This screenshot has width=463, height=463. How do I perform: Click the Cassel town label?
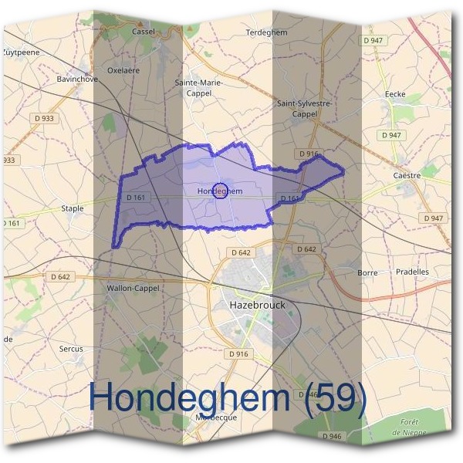pyautogui.click(x=144, y=32)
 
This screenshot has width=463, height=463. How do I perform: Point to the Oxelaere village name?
pyautogui.click(x=123, y=69)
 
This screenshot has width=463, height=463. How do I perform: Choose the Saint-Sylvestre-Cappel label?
pyautogui.click(x=304, y=108)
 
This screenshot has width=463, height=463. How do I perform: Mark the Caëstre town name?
pyautogui.click(x=407, y=175)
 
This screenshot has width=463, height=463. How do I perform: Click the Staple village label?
pyautogui.click(x=72, y=208)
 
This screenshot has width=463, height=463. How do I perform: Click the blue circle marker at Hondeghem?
pyautogui.click(x=219, y=191)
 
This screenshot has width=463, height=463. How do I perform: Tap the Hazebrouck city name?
pyautogui.click(x=258, y=305)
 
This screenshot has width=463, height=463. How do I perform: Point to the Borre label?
pyautogui.click(x=367, y=272)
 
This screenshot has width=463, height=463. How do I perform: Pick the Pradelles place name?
pyautogui.click(x=412, y=272)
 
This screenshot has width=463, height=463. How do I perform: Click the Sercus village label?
pyautogui.click(x=71, y=349)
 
